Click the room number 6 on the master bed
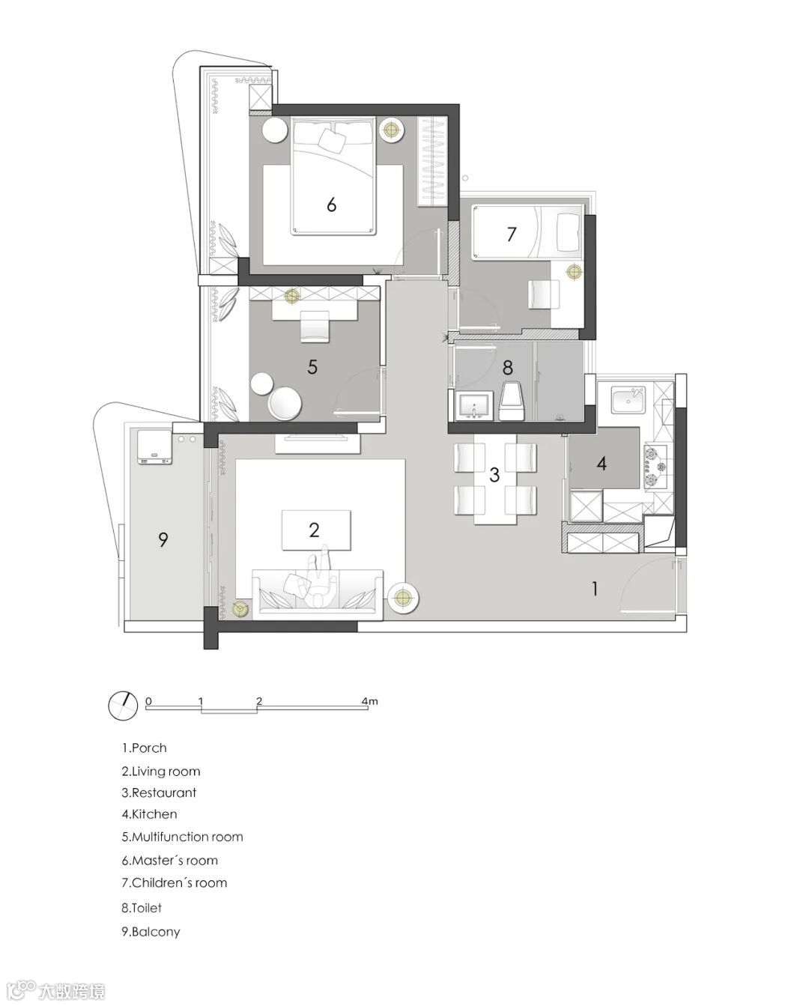point(331,204)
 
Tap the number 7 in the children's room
point(511,234)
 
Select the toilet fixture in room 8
point(513,401)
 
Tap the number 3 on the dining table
point(494,474)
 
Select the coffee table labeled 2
point(315,530)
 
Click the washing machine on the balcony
point(155,447)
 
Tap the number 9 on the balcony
point(163,539)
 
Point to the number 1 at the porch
point(594,589)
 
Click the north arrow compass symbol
point(123,705)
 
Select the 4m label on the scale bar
point(370,701)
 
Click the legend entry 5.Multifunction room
point(182,837)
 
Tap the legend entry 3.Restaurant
point(159,793)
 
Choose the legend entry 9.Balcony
point(151,932)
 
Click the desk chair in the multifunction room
point(315,326)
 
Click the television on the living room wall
point(318,437)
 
